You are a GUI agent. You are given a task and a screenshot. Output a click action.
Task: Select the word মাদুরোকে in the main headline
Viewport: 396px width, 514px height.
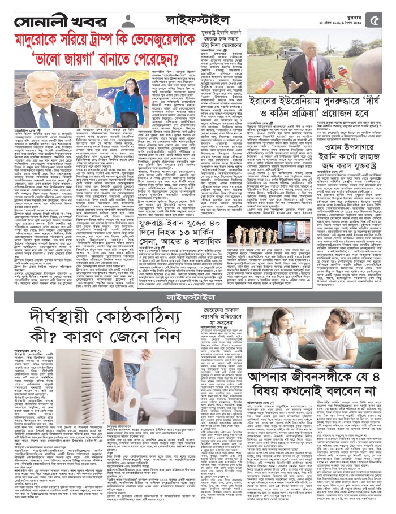tap(45, 41)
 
